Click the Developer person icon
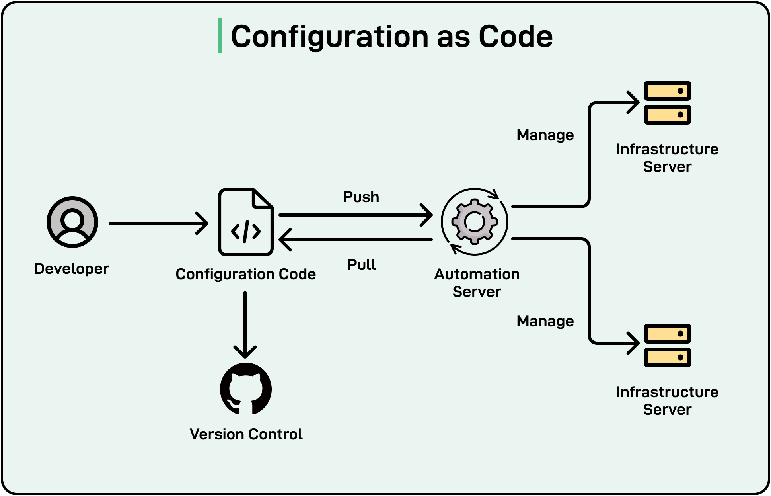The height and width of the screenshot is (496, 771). click(72, 222)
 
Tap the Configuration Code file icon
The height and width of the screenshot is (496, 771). click(245, 222)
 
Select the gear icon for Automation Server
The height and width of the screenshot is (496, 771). click(474, 221)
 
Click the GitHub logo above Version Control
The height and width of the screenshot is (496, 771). click(246, 389)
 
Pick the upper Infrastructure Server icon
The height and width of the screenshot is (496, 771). click(667, 103)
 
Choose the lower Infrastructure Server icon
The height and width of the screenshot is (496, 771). click(667, 345)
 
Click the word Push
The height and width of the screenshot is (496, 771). click(361, 197)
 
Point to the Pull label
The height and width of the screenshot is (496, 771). click(361, 265)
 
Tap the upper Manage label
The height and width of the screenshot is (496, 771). click(545, 135)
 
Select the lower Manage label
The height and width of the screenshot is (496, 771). click(545, 321)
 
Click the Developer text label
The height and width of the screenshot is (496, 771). click(72, 269)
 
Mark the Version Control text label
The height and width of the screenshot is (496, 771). click(246, 434)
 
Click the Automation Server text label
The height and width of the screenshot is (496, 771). click(477, 283)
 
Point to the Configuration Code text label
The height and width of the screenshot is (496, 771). click(245, 274)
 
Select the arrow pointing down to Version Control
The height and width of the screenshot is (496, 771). click(245, 322)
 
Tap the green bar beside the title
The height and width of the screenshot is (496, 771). click(220, 35)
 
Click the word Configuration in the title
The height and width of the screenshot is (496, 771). click(330, 37)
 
